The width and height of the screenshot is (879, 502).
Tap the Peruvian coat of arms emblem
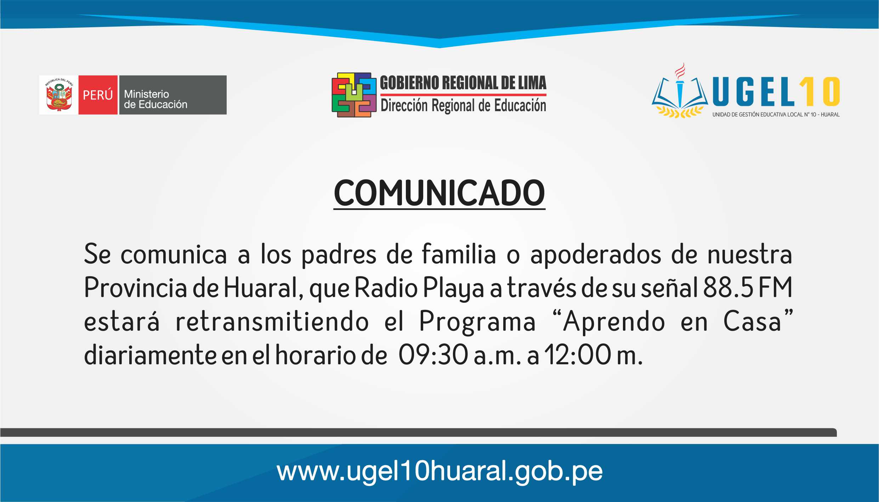[x=59, y=95]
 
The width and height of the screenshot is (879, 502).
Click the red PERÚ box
[x=98, y=95]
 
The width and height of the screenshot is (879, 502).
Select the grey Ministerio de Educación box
[x=173, y=95]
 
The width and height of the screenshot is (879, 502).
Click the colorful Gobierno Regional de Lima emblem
[x=354, y=95]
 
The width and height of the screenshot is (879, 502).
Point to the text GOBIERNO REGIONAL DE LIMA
[x=463, y=83]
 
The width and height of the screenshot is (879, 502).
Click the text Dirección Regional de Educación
[x=463, y=105]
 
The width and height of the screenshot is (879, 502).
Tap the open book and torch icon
[x=679, y=91]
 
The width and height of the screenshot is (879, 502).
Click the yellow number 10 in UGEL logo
[x=820, y=92]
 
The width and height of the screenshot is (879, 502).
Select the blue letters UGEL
[x=754, y=92]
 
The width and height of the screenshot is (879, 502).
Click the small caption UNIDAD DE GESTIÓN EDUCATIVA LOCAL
[x=776, y=115]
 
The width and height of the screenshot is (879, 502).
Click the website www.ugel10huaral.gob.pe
[x=440, y=471]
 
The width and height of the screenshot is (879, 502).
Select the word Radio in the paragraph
[x=386, y=287]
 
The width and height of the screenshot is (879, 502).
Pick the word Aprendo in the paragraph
[x=614, y=321]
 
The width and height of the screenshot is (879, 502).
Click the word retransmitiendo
[x=272, y=321]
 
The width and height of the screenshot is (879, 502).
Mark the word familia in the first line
[x=459, y=253]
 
